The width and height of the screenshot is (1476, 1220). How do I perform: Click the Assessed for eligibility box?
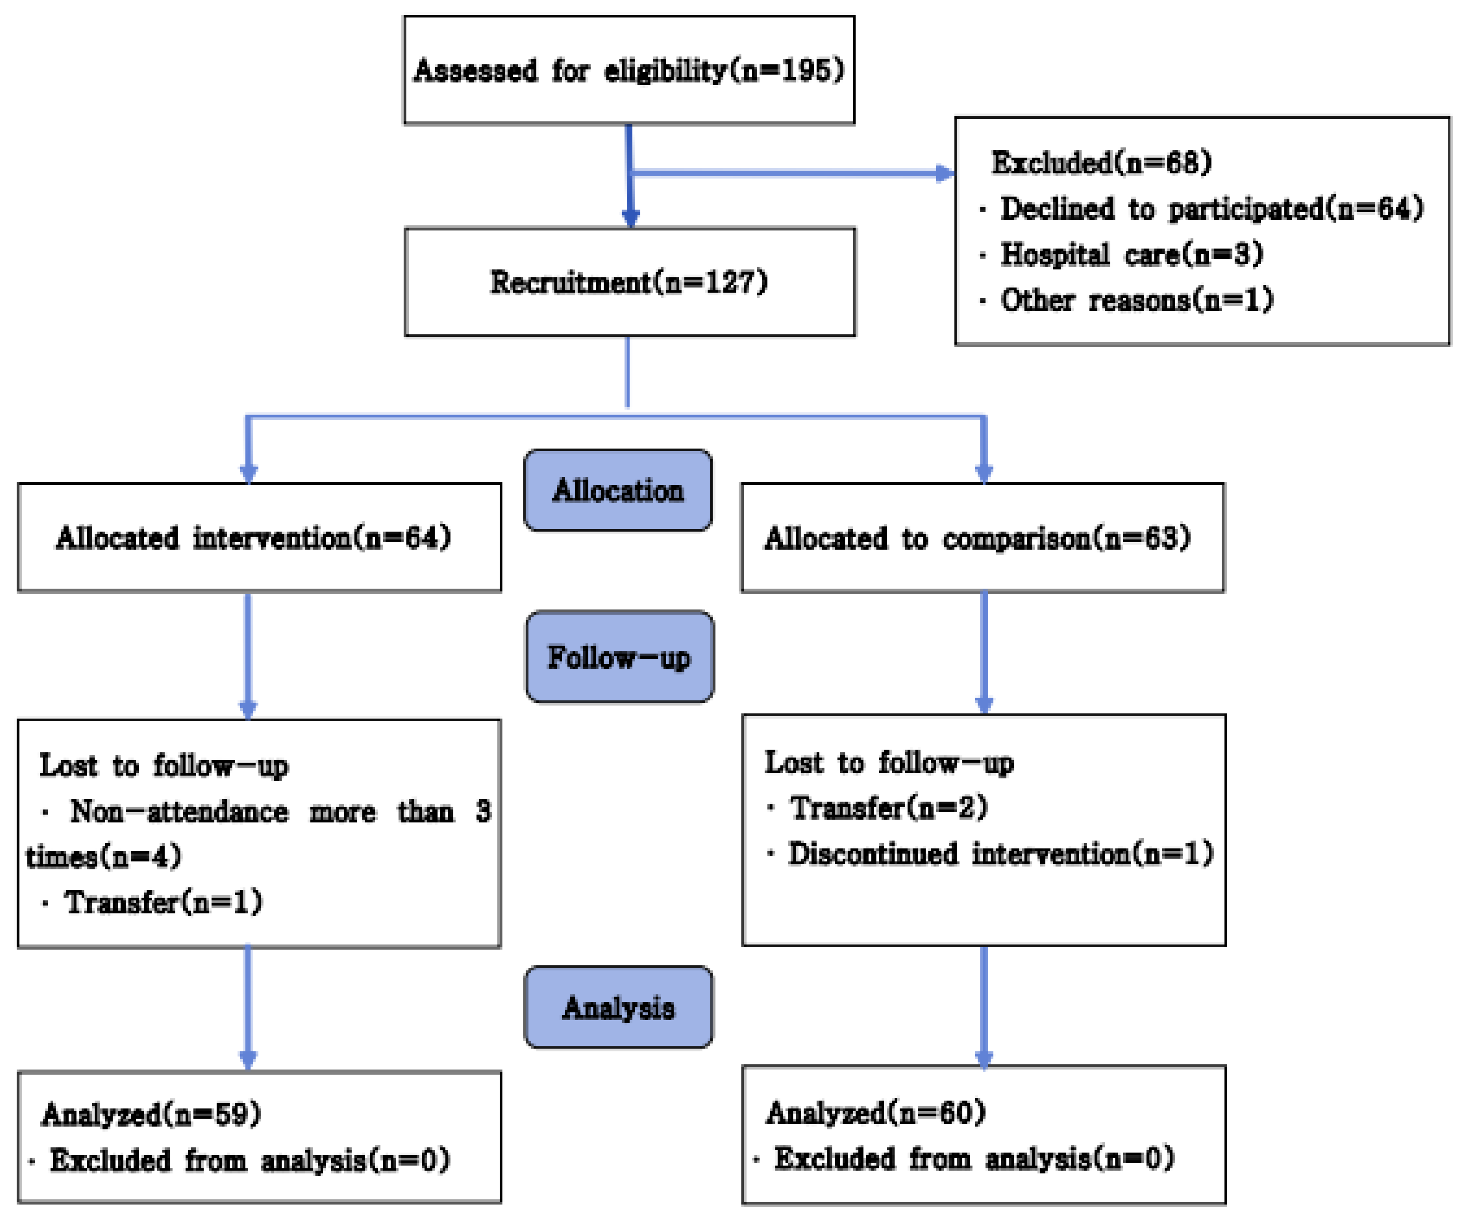pos(629,70)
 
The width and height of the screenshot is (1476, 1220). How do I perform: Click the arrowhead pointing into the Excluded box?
pos(945,173)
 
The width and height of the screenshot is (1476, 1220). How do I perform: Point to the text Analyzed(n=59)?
pos(151,1114)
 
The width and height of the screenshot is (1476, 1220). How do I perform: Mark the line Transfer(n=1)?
pos(163,902)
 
